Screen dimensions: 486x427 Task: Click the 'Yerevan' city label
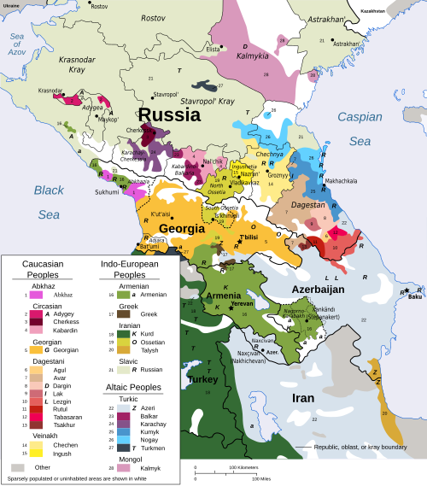point(243,302)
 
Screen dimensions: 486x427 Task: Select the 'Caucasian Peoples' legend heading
point(48,270)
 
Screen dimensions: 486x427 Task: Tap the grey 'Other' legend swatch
point(17,467)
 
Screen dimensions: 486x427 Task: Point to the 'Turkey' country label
point(205,378)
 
